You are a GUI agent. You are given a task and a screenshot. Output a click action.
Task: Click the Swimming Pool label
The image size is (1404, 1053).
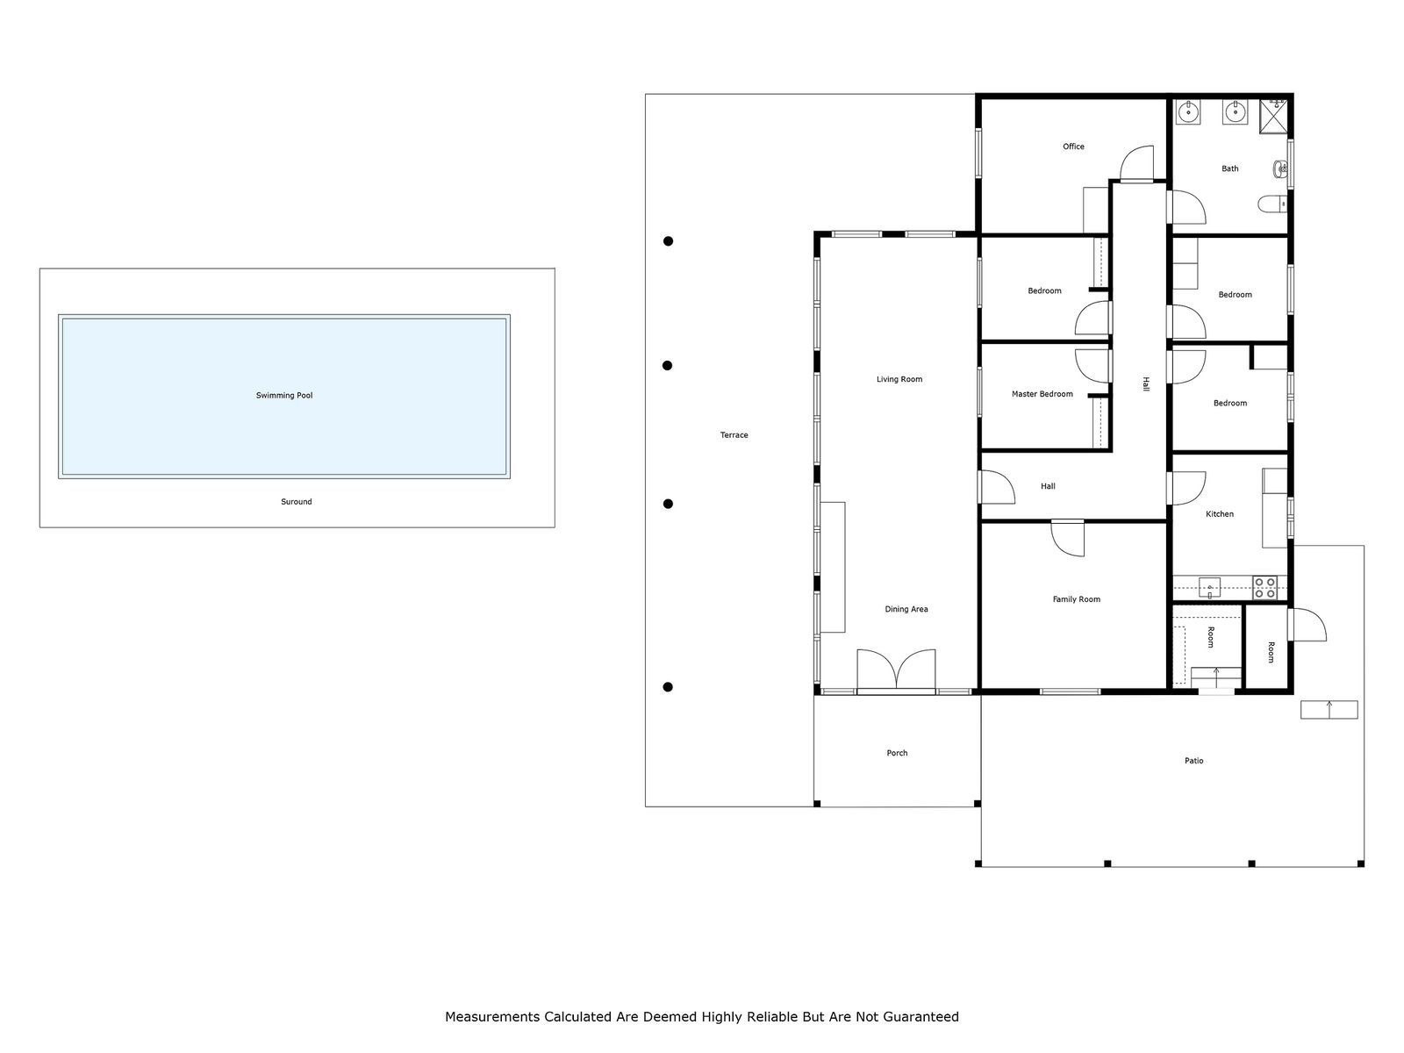click(x=284, y=395)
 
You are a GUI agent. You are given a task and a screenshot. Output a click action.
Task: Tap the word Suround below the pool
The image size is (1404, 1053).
click(x=296, y=501)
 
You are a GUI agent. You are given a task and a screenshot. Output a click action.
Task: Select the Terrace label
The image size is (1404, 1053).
click(x=734, y=434)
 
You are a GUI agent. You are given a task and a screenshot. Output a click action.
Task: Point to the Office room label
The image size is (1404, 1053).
click(x=1073, y=147)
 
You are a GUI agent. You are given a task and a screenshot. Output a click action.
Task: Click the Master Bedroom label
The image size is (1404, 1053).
click(x=1042, y=394)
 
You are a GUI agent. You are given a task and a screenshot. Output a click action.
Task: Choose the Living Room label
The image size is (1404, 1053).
click(x=899, y=379)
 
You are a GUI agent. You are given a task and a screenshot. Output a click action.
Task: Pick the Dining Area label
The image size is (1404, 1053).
click(x=906, y=609)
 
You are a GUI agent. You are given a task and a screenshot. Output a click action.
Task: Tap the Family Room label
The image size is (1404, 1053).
click(x=1076, y=599)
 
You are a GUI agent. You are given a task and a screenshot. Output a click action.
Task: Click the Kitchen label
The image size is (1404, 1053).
click(x=1219, y=513)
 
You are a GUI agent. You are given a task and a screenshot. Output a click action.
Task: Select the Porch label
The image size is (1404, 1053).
click(x=897, y=753)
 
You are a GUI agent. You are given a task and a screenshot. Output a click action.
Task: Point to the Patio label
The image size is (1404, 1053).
click(x=1193, y=760)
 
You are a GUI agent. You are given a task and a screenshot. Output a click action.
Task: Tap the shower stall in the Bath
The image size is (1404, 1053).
click(x=1273, y=117)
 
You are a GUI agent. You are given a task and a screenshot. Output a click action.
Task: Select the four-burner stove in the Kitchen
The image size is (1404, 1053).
click(x=1264, y=588)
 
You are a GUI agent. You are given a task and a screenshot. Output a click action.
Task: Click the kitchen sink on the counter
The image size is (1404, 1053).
click(x=1209, y=587)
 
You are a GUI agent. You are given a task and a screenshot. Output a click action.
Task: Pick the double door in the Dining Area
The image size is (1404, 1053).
click(x=896, y=670)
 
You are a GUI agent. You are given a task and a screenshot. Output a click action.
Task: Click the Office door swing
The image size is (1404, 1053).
click(x=1136, y=164)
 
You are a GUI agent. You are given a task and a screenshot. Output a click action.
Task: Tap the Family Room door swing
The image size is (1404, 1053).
click(x=1068, y=538)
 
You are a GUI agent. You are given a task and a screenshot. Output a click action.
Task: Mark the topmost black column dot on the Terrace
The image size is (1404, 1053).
click(x=668, y=241)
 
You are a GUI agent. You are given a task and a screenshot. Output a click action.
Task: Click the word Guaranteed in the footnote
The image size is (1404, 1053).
click(x=922, y=1016)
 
